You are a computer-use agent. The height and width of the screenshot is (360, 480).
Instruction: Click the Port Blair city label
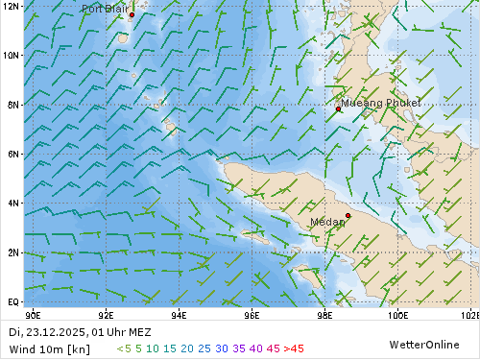point(105,9)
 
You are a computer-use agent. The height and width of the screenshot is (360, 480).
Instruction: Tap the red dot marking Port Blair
point(132,15)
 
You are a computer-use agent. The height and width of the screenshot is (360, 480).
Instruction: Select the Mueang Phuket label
point(381,103)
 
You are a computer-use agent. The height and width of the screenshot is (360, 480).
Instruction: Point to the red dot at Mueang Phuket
point(339,108)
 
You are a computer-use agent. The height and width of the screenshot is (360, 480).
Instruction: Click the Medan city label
point(328,222)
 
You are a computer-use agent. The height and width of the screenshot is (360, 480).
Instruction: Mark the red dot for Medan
point(348,216)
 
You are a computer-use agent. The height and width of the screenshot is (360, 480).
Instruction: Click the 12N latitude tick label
point(11,6)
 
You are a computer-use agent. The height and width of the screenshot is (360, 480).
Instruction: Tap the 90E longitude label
point(33,314)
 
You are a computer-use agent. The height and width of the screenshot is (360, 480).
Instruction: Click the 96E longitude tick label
point(252,314)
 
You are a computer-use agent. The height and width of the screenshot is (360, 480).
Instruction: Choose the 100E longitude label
point(397,314)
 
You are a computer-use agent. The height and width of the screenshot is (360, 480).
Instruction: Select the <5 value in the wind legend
point(124,348)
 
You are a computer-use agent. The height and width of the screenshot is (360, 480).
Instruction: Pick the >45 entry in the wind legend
point(293,348)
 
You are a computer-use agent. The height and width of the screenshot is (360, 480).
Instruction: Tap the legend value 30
point(222,348)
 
